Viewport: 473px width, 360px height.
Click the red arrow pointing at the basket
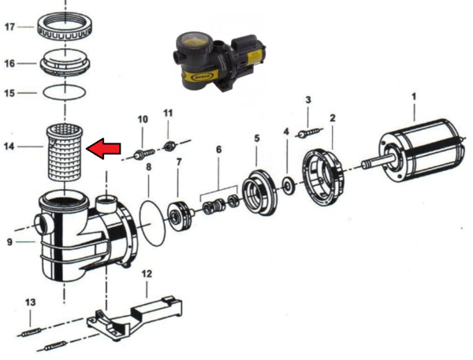[x=103, y=148]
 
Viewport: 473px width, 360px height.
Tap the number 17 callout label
[x=9, y=27]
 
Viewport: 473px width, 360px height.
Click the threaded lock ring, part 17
[x=65, y=27]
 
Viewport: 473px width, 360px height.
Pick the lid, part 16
[x=65, y=63]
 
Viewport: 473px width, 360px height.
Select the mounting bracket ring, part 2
[x=324, y=178]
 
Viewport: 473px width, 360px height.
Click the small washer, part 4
[x=289, y=187]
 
